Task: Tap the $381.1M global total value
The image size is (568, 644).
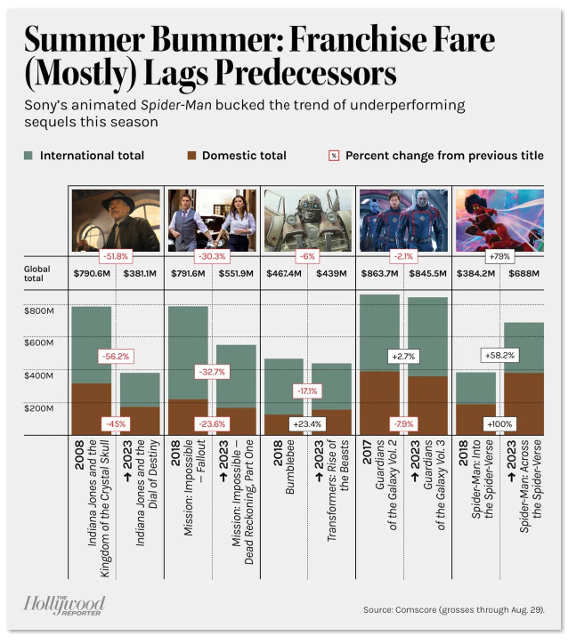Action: [x=140, y=273]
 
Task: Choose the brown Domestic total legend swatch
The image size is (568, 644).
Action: [x=189, y=156]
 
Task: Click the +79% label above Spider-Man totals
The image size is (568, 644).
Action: [x=498, y=255]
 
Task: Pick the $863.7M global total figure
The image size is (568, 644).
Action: [x=378, y=273]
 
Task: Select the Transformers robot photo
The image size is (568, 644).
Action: [x=307, y=219]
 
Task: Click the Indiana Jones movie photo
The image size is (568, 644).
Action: [x=115, y=219]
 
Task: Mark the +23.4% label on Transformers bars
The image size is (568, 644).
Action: [x=307, y=424]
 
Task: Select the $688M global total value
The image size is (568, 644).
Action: [x=523, y=273]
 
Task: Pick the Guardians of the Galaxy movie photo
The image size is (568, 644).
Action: [x=402, y=219]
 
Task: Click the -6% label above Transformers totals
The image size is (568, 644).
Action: [x=307, y=255]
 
